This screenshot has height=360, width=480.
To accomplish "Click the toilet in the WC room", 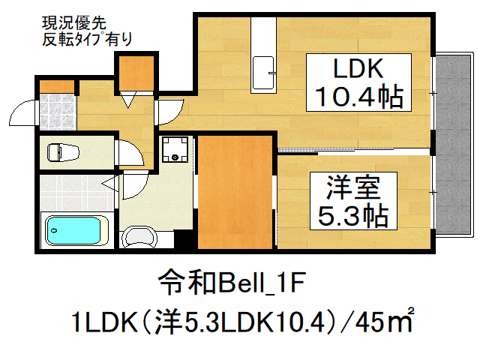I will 61,151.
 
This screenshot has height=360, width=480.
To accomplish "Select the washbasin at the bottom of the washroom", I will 139,238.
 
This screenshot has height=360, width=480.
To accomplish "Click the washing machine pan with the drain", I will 177,149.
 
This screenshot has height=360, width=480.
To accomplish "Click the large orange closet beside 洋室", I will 234,192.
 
